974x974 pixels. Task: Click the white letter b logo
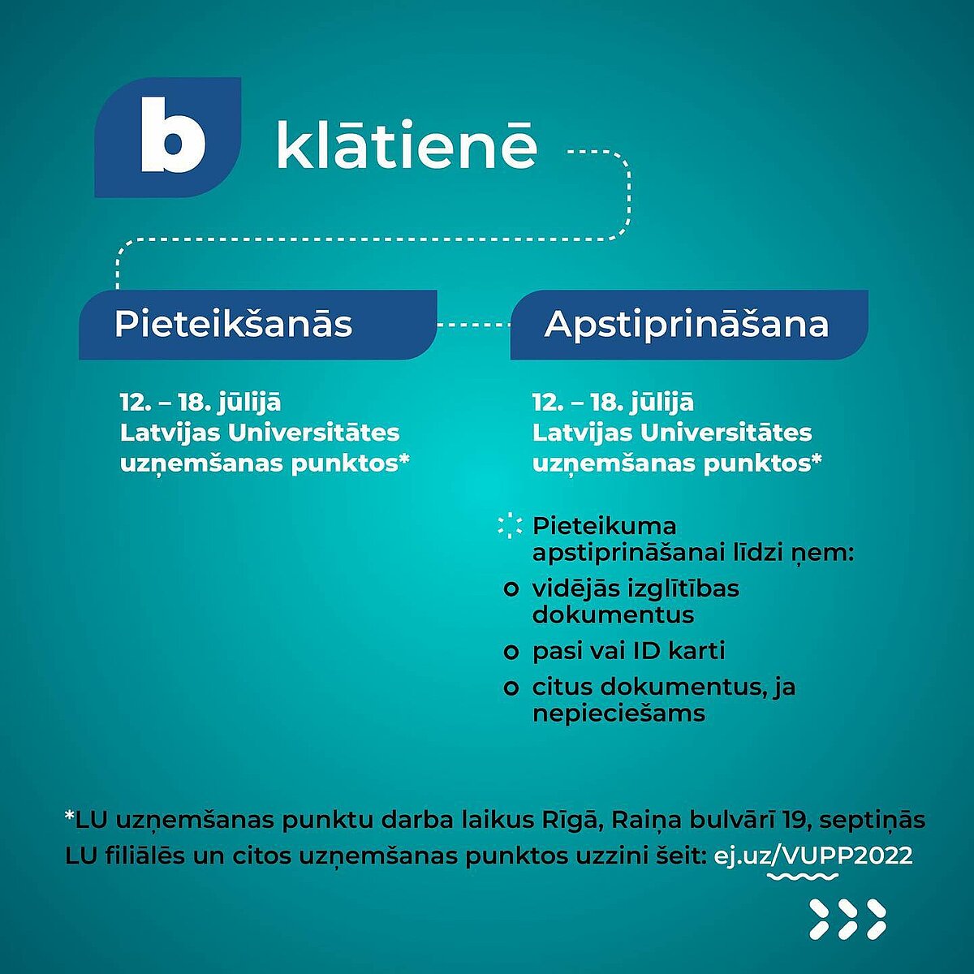coord(173,135)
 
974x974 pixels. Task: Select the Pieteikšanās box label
coord(233,324)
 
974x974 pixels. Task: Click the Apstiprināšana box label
coord(687,324)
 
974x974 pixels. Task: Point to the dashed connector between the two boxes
coord(473,325)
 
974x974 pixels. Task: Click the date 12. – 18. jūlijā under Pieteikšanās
coord(200,403)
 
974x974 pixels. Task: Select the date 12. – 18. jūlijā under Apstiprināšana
coord(613,403)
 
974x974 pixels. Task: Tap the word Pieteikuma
coord(604,526)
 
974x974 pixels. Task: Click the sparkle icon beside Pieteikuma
coord(510,526)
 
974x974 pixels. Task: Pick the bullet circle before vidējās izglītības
coord(511,589)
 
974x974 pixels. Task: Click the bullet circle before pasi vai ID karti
coord(511,652)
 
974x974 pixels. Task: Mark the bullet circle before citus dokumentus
coord(511,688)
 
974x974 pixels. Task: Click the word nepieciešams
coord(618,714)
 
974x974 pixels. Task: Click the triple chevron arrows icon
coord(847,925)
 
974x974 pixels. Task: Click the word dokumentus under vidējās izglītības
coord(613,615)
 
